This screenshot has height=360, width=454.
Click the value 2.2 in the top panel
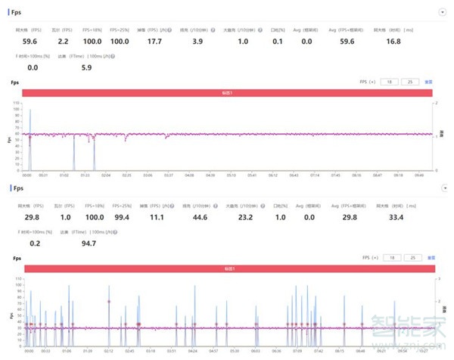pyautogui.click(x=64, y=42)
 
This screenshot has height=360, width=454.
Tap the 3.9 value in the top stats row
pyautogui.click(x=197, y=42)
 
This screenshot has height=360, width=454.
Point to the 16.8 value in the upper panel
pyautogui.click(x=393, y=42)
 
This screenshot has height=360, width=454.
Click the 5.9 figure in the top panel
pyautogui.click(x=86, y=67)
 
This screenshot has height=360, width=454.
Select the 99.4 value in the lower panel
pyautogui.click(x=120, y=217)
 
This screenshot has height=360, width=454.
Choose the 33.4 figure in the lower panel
pyautogui.click(x=393, y=217)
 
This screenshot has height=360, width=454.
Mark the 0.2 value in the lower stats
pyautogui.click(x=33, y=243)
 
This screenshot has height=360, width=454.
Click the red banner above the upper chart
pyautogui.click(x=227, y=93)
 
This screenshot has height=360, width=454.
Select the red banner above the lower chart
pyautogui.click(x=227, y=268)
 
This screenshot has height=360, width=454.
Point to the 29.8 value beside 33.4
pyautogui.click(x=347, y=217)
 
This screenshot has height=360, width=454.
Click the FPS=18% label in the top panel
pyautogui.click(x=95, y=30)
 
